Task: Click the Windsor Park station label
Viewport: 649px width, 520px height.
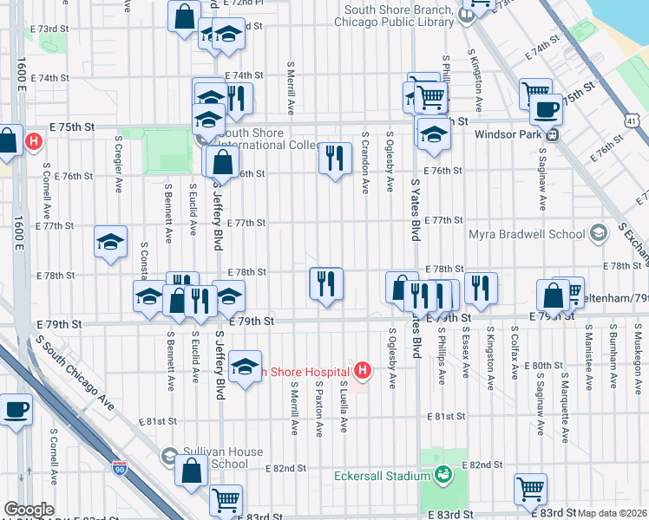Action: coord(507,135)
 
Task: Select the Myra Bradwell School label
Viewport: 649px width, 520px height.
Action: coord(529,234)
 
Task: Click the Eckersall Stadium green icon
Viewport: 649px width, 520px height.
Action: coord(443,475)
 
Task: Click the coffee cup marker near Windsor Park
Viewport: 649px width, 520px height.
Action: coord(546,110)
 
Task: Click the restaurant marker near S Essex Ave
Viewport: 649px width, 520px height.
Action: coord(480,288)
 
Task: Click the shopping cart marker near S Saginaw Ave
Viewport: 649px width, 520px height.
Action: coord(529,488)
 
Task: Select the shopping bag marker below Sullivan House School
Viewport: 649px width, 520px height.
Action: coord(192,471)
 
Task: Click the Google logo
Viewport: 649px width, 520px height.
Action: coord(29,510)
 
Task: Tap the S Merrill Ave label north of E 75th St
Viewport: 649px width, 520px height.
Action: coord(290,88)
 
